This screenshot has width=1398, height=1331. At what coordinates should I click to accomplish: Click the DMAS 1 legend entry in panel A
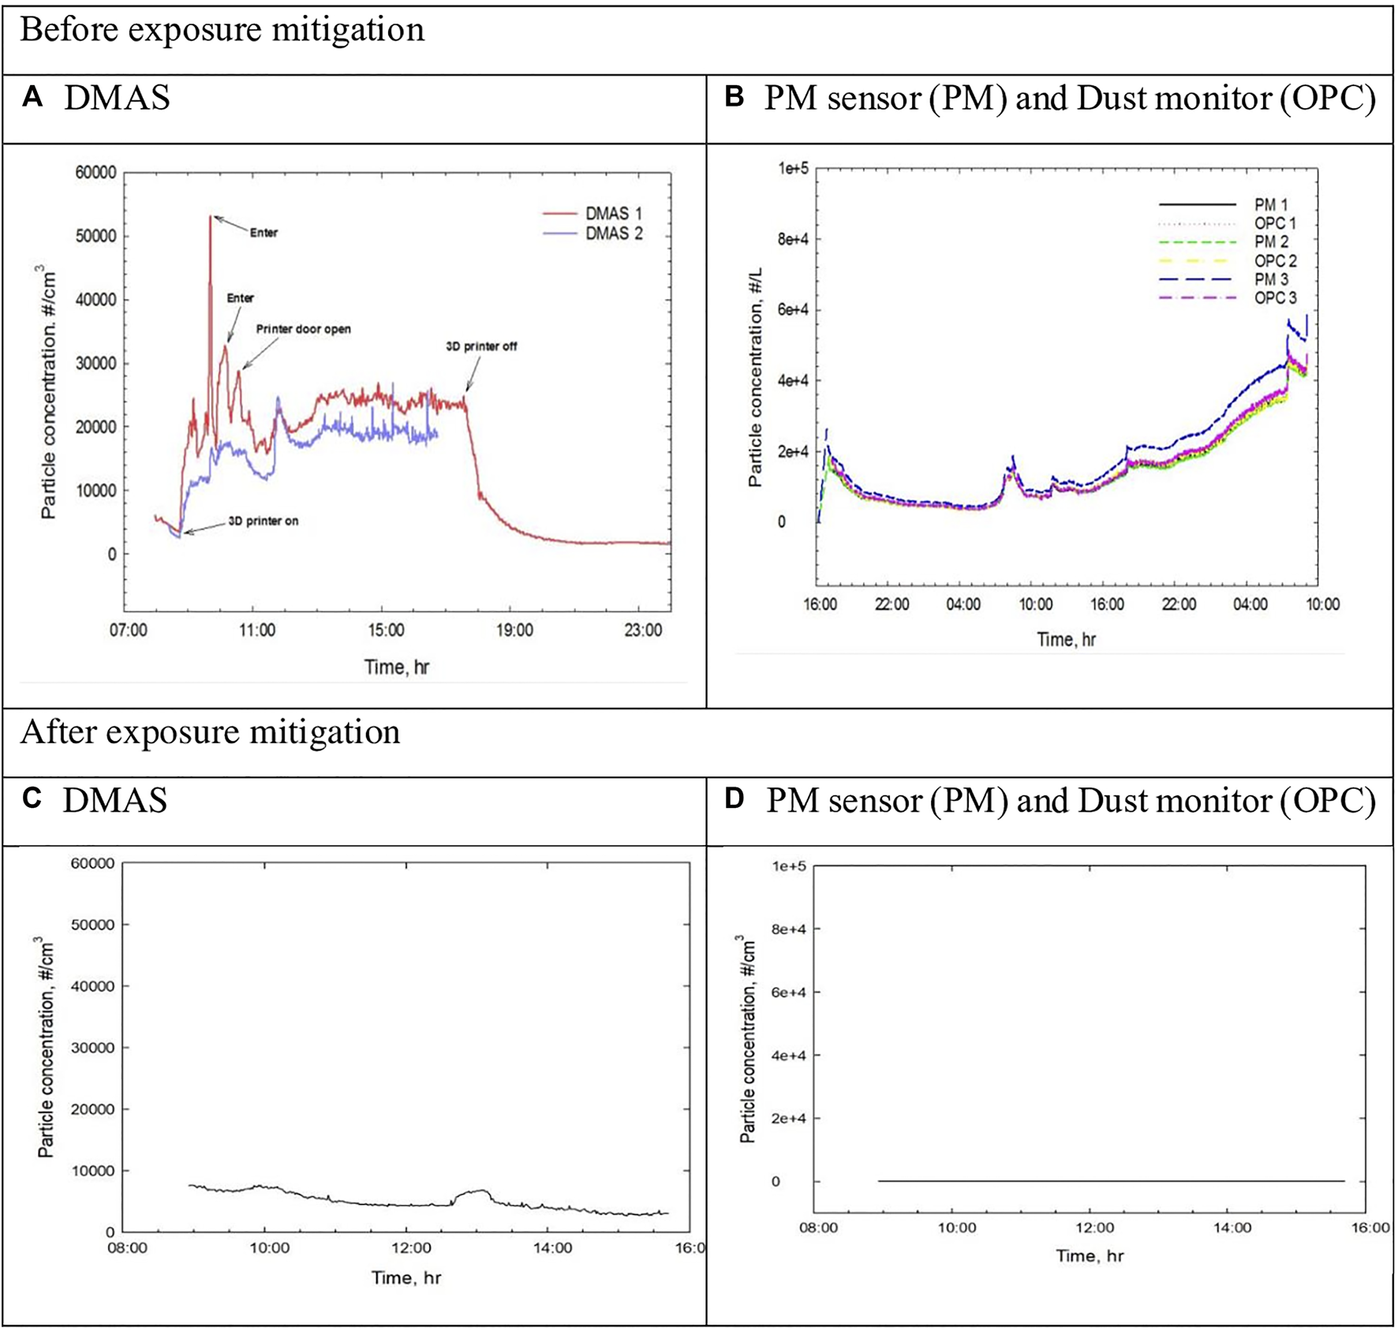613,214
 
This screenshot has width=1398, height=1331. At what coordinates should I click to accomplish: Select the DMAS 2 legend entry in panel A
613,234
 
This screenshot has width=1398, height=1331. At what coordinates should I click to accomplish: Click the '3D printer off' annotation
481,346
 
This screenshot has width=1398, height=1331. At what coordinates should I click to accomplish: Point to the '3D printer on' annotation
263,522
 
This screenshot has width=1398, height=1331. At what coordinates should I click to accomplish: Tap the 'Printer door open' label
303,329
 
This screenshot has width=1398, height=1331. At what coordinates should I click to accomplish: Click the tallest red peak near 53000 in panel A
211,218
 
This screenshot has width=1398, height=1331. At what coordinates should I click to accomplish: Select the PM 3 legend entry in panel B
1271,279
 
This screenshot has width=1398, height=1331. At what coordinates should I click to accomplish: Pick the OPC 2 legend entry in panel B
1275,261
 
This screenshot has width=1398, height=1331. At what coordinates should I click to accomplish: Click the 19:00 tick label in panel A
514,630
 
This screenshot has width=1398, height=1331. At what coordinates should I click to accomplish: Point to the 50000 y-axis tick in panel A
95,237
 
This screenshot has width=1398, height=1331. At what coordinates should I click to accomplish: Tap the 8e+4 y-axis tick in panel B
793,239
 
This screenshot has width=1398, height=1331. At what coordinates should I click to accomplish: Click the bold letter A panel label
32,97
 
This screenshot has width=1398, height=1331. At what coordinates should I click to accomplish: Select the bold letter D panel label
735,798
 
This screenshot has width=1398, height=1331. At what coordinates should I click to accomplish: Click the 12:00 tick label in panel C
411,1248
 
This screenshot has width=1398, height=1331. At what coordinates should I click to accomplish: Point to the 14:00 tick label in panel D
1232,1228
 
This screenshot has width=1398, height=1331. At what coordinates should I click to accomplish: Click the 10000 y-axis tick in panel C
92,1171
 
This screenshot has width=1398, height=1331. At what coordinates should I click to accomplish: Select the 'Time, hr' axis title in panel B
1066,640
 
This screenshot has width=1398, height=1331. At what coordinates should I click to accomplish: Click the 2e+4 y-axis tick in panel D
790,1119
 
